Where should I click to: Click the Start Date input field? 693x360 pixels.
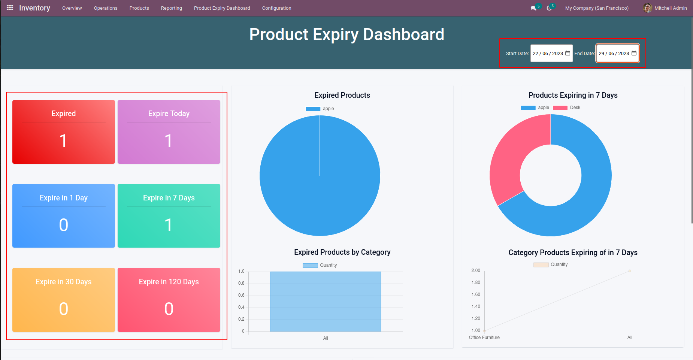tap(548, 54)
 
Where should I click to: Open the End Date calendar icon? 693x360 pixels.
tap(634, 53)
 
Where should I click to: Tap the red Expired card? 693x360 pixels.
tap(64, 132)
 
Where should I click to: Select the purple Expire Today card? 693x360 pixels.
tap(169, 132)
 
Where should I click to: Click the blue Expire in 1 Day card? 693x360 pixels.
tap(64, 216)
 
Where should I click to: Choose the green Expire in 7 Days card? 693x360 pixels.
tap(169, 216)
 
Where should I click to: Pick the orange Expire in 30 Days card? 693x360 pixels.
tap(64, 300)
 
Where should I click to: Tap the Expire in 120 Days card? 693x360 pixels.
tap(169, 300)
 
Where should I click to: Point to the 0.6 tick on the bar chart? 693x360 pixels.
tap(241, 295)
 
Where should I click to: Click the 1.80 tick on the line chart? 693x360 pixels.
tap(476, 282)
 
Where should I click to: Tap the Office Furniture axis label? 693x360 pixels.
tap(484, 338)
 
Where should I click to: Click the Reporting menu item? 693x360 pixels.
tap(171, 8)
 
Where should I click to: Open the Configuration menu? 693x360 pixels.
tap(276, 8)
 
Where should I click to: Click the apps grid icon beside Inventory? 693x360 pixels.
tap(10, 8)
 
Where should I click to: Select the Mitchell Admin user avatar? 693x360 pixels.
tap(647, 8)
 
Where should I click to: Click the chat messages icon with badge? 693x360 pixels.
tap(534, 8)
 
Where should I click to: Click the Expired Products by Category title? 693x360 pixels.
tap(342, 252)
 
